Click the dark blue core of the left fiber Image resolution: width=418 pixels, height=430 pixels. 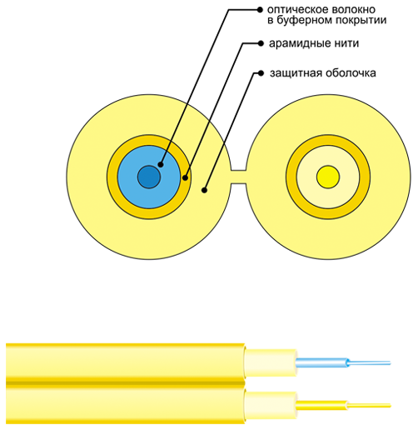click(x=149, y=177)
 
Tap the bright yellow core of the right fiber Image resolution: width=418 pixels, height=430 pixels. click(x=328, y=177)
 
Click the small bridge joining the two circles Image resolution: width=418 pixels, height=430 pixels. click(x=238, y=177)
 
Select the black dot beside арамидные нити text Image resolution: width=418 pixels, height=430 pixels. click(x=261, y=43)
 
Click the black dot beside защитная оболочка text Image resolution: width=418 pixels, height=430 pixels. click(x=261, y=73)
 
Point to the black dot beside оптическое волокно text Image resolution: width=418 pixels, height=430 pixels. click(x=260, y=10)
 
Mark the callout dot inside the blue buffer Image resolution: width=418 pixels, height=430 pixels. click(x=161, y=164)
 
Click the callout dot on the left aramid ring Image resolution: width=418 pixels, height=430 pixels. click(x=185, y=177)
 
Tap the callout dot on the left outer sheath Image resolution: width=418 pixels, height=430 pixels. click(x=204, y=190)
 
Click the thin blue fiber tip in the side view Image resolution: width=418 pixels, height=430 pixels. click(x=370, y=362)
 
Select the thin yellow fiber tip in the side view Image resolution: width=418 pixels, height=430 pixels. click(x=369, y=406)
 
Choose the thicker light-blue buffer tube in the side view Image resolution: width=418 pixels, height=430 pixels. click(x=322, y=362)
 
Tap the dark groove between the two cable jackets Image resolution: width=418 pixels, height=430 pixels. click(x=126, y=383)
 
